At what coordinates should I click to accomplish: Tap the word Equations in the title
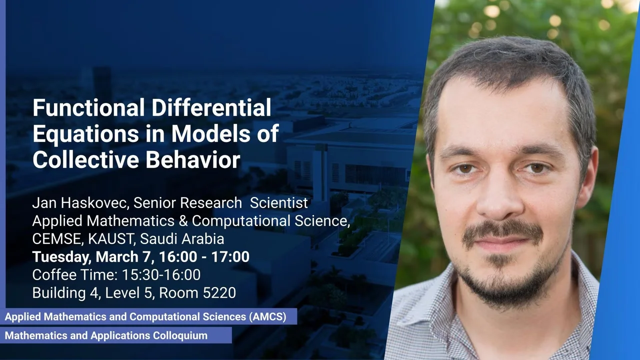click(x=85, y=133)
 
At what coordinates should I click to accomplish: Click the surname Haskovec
click(x=93, y=203)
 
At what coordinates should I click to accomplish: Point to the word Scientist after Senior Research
click(x=279, y=203)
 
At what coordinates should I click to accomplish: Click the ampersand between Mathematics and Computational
click(x=183, y=221)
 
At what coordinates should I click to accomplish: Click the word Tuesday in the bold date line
click(x=61, y=257)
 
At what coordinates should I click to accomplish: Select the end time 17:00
click(x=230, y=256)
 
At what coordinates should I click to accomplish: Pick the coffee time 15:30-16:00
click(x=161, y=275)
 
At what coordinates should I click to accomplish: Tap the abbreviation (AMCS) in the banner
click(x=267, y=316)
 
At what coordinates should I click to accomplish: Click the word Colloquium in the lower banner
click(x=180, y=335)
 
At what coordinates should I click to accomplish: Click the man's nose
click(x=498, y=197)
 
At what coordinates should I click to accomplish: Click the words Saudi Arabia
click(x=182, y=239)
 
